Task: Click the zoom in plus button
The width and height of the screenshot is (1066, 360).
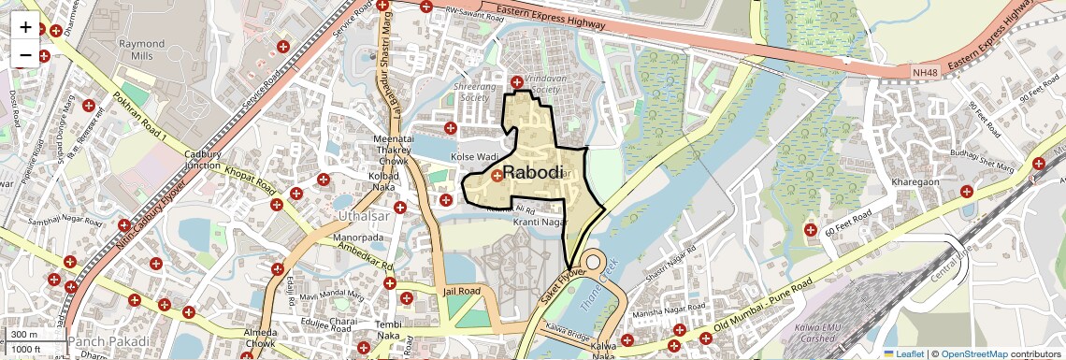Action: [25, 27]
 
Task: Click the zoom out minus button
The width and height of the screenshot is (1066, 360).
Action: [25, 55]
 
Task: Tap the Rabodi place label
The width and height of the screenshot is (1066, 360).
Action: [533, 173]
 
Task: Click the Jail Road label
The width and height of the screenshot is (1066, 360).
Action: [461, 292]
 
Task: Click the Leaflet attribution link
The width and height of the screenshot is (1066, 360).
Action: [903, 353]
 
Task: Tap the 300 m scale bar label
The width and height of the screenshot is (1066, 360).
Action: [25, 335]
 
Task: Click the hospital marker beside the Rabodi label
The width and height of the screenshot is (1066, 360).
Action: [497, 175]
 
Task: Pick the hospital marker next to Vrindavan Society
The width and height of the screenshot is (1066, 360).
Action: [516, 80]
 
